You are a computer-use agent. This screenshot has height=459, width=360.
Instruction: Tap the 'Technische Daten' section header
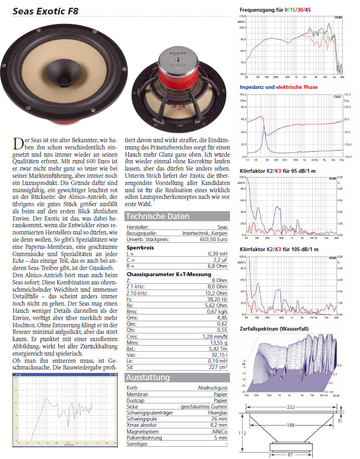click(x=157, y=216)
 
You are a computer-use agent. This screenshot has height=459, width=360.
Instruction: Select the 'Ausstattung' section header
click(x=148, y=378)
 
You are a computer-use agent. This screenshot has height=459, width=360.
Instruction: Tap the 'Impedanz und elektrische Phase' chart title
click(x=278, y=87)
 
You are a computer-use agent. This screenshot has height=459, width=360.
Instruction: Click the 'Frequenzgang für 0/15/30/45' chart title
click(x=283, y=11)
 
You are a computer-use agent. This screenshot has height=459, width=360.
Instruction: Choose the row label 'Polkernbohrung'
click(x=144, y=437)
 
